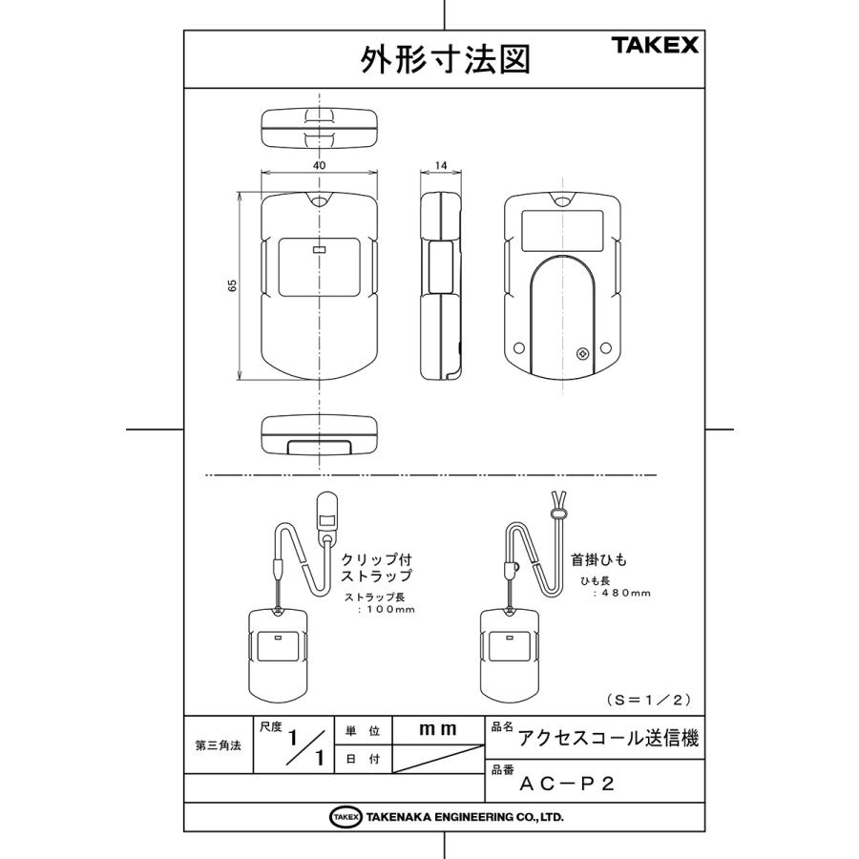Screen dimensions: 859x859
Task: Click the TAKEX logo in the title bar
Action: [x=655, y=45]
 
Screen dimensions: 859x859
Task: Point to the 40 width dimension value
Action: [x=319, y=165]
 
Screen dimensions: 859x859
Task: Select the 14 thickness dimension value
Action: [x=440, y=165]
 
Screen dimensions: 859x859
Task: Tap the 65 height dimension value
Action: [x=233, y=287]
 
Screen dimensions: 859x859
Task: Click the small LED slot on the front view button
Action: [x=319, y=251]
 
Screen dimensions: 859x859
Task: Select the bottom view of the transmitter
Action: [x=319, y=434]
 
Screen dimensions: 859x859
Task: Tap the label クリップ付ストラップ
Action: [x=376, y=568]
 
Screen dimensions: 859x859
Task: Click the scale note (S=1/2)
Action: [x=648, y=700]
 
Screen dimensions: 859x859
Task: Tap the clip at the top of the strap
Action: [x=326, y=515]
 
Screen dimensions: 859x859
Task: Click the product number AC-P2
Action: [x=567, y=785]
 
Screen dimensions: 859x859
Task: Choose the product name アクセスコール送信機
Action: [x=608, y=738]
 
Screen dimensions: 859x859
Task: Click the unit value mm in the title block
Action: [x=438, y=729]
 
